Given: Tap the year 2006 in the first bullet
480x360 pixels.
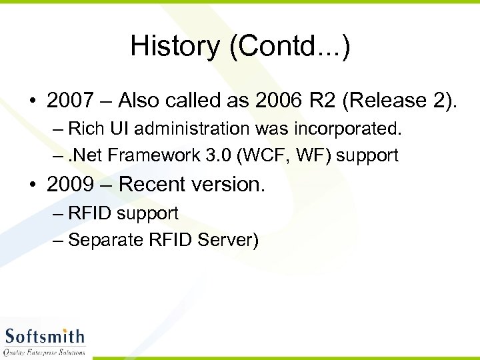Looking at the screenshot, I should pos(273,101).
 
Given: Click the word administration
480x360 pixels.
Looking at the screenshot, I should pos(185,128).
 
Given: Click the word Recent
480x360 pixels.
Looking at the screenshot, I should pos(155,185).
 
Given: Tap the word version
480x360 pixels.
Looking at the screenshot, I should pos(230,185).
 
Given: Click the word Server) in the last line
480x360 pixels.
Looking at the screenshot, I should pos(227,240).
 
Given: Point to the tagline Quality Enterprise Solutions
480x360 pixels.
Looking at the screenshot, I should pos(45,351).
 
